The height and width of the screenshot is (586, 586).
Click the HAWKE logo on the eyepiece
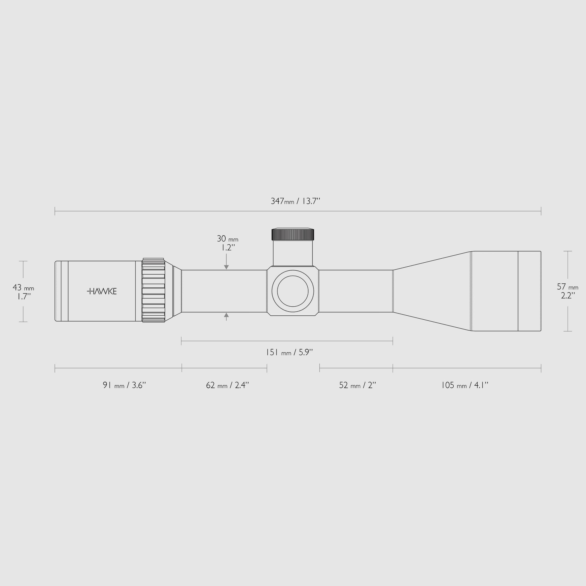pyautogui.click(x=102, y=291)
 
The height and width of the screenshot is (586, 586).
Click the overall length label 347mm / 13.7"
pyautogui.click(x=295, y=201)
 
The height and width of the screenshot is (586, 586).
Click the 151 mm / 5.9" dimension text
pyautogui.click(x=289, y=352)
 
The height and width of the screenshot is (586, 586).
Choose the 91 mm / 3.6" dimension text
pyautogui.click(x=124, y=385)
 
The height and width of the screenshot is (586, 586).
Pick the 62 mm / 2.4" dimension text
pyautogui.click(x=227, y=385)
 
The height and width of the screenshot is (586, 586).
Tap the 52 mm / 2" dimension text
pyautogui.click(x=357, y=385)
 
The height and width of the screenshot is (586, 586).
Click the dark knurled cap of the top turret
pyautogui.click(x=293, y=234)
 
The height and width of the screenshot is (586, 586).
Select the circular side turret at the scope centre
pyautogui.click(x=293, y=291)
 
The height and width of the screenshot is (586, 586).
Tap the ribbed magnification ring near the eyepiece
pyautogui.click(x=153, y=291)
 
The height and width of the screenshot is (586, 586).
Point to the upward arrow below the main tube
pyautogui.click(x=226, y=316)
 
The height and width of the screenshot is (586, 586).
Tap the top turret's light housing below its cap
pyautogui.click(x=293, y=253)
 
